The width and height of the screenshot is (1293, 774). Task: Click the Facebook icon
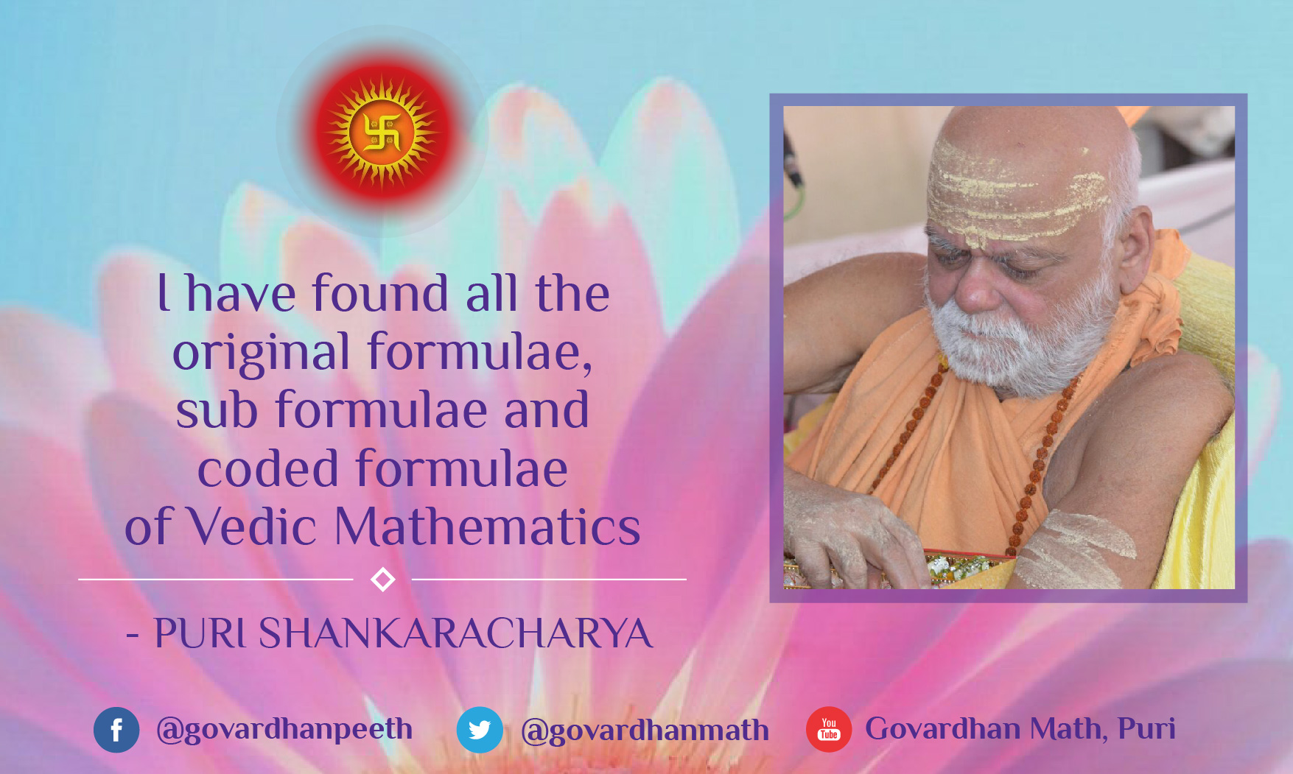pyautogui.click(x=116, y=730)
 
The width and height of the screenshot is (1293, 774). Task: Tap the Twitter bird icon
pyautogui.click(x=480, y=730)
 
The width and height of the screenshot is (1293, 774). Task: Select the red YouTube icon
pyautogui.click(x=829, y=730)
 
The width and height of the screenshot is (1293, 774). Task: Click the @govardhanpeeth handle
pyautogui.click(x=284, y=729)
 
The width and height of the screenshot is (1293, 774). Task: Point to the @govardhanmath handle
pyautogui.click(x=645, y=731)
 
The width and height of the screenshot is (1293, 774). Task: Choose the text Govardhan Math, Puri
pyautogui.click(x=1020, y=728)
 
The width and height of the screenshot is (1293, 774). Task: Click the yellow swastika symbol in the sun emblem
pyautogui.click(x=382, y=132)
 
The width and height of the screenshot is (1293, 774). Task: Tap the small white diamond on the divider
pyautogui.click(x=382, y=580)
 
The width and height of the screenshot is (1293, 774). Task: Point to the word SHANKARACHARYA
pyautogui.click(x=455, y=633)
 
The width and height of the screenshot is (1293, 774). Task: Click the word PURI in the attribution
pyautogui.click(x=199, y=633)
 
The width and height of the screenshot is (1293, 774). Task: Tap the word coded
pyautogui.click(x=267, y=468)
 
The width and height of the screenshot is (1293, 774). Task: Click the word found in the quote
pyautogui.click(x=380, y=292)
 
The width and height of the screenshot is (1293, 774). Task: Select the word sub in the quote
pyautogui.click(x=217, y=409)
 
